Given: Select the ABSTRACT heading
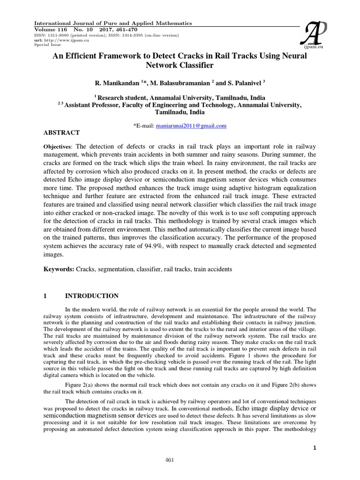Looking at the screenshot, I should (x=61, y=133).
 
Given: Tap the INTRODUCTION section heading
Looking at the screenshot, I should (x=91, y=296).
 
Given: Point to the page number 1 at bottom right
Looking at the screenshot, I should (x=315, y=437).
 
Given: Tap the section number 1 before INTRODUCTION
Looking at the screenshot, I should (x=45, y=296).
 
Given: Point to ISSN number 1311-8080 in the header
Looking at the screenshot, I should (x=60, y=35).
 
